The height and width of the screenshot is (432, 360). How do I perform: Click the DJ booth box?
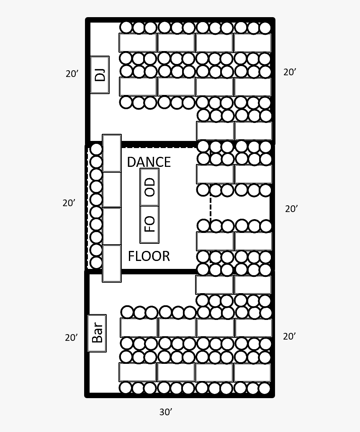point(100,75)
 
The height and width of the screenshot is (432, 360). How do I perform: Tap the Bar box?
point(97,333)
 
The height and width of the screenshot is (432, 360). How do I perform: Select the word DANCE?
point(149,162)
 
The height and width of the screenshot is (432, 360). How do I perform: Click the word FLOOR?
point(149,256)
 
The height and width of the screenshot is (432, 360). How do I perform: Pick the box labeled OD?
point(149,187)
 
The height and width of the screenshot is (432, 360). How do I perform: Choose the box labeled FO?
point(149,225)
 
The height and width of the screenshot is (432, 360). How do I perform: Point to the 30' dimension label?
point(166,412)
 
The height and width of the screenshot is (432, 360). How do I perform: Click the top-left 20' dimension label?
point(72,74)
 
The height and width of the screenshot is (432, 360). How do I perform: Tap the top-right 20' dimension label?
point(290,72)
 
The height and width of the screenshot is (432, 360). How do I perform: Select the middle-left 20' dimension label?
point(69,203)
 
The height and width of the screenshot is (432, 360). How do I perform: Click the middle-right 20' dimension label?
point(291,209)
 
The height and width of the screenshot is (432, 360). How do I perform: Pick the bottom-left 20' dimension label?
point(72,337)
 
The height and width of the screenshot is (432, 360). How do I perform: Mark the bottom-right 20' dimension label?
point(289,336)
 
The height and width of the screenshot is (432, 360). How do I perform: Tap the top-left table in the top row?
point(138,43)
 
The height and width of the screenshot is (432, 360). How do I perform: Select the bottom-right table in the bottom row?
point(252,373)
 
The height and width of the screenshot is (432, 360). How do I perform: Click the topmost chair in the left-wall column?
point(96,149)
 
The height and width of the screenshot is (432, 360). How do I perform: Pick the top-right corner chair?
point(265,28)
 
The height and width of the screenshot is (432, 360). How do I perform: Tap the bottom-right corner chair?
point(265,389)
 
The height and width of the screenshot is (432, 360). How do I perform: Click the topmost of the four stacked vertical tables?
point(112,153)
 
